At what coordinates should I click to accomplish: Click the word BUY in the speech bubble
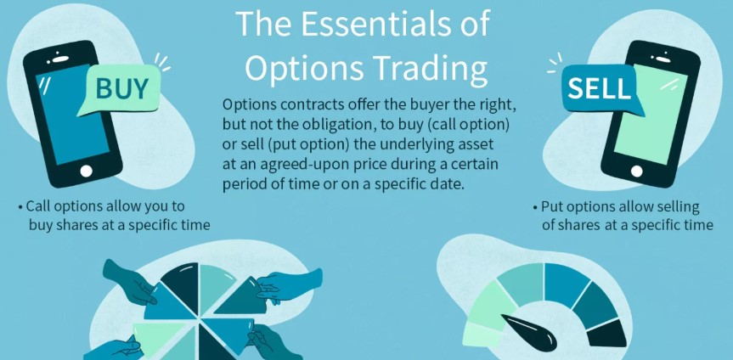122,89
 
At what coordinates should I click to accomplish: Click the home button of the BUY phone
86,172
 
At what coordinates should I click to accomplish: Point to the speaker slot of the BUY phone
61,59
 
